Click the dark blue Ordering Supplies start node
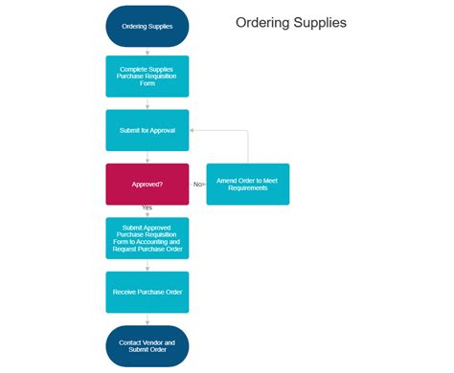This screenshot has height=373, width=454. pyautogui.click(x=148, y=26)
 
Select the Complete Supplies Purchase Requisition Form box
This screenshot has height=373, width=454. pyautogui.click(x=148, y=75)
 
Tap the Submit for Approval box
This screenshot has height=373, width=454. pyautogui.click(x=148, y=129)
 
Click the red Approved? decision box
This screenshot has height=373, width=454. pyautogui.click(x=148, y=184)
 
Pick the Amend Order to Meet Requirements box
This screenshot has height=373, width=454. pyautogui.click(x=247, y=184)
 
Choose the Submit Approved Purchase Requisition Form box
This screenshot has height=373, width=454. pyautogui.click(x=148, y=238)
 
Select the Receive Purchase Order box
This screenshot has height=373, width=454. pyautogui.click(x=148, y=292)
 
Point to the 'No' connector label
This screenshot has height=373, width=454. pyautogui.click(x=198, y=184)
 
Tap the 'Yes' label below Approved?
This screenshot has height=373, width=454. pyautogui.click(x=148, y=208)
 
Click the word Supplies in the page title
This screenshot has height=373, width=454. pyautogui.click(x=319, y=22)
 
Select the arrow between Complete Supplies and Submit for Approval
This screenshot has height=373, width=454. pyautogui.click(x=148, y=102)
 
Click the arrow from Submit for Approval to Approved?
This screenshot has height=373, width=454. pyautogui.click(x=148, y=157)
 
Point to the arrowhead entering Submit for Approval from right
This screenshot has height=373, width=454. pyautogui.click(x=193, y=129)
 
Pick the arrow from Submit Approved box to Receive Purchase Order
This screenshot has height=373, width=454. pyautogui.click(x=148, y=265)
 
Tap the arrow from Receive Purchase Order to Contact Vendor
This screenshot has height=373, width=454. pyautogui.click(x=148, y=319)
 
